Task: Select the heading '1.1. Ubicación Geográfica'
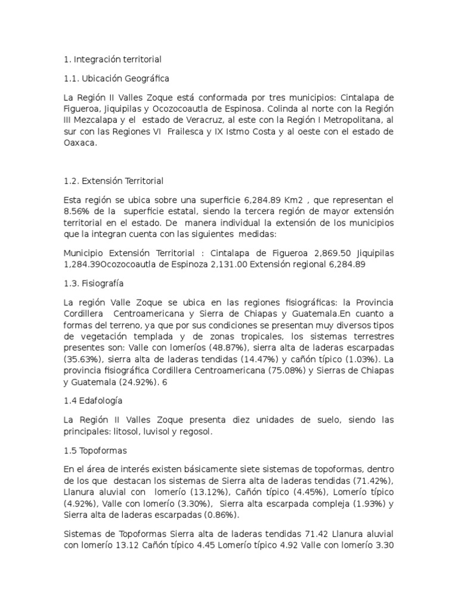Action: pos(116,78)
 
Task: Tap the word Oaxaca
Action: pos(80,144)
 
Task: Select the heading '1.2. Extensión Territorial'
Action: pos(113,180)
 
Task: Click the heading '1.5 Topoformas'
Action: pos(95,450)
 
